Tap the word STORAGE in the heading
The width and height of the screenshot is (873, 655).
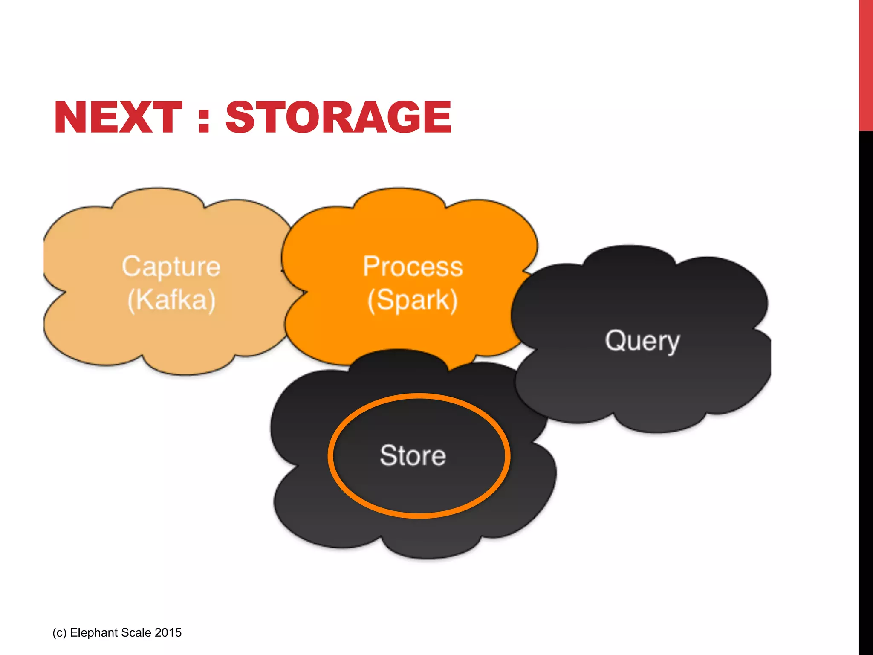click(x=338, y=117)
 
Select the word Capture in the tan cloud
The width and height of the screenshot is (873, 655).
click(x=171, y=267)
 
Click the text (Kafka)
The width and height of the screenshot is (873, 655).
click(x=171, y=300)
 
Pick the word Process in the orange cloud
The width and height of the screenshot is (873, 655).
click(x=412, y=267)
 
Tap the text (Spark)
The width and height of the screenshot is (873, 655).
click(x=412, y=300)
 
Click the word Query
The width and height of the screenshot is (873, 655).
click(x=642, y=341)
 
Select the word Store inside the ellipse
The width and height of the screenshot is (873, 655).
click(x=413, y=455)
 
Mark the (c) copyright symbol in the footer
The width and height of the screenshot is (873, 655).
click(x=59, y=632)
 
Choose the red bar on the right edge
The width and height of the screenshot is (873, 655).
click(x=866, y=64)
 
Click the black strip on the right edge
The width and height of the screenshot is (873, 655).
click(x=866, y=384)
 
